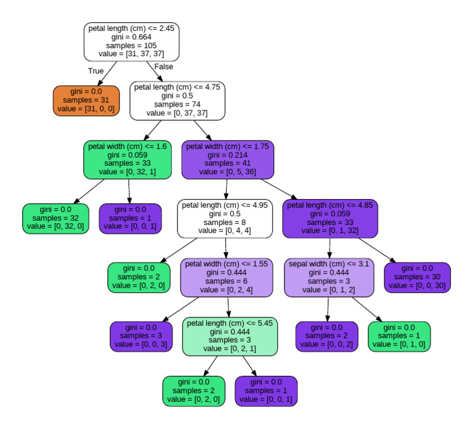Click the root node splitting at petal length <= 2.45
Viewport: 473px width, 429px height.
click(131, 41)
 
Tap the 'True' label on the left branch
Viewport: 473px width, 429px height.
click(95, 71)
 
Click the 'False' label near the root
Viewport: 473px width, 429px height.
click(164, 67)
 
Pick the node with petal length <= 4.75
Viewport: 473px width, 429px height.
click(177, 100)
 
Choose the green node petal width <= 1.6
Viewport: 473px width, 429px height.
click(128, 160)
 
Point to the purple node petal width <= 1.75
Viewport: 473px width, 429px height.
click(227, 160)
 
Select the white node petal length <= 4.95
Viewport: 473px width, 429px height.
click(225, 218)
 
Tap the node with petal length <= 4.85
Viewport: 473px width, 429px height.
click(329, 218)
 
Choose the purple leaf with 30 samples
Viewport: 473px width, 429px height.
click(417, 277)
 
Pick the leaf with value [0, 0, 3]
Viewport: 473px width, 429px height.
click(141, 336)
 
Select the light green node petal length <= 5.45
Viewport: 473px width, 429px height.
click(230, 336)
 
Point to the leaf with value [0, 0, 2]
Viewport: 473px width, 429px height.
click(326, 336)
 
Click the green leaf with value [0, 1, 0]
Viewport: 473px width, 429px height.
click(399, 336)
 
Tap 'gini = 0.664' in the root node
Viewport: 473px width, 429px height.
click(131, 37)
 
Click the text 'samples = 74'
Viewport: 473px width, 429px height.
click(177, 105)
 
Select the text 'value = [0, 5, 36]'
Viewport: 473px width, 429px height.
click(227, 173)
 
